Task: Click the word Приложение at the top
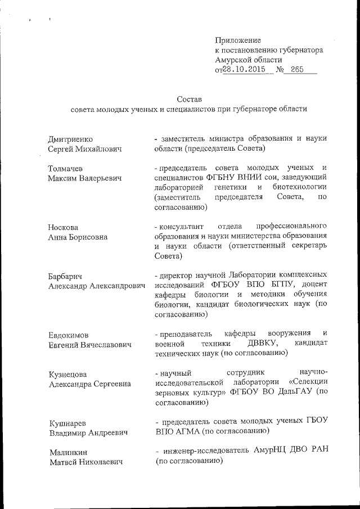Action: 238,40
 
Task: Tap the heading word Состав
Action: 189,98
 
